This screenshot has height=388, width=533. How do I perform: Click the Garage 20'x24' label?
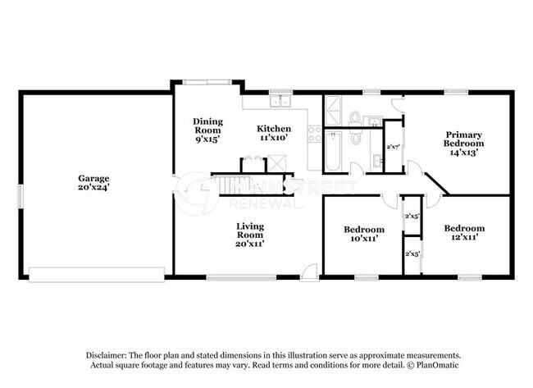[x=93, y=182]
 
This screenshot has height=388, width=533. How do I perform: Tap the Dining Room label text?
[x=207, y=130]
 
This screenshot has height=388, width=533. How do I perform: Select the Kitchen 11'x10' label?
[x=273, y=133]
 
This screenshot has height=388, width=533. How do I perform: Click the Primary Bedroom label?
[x=462, y=143]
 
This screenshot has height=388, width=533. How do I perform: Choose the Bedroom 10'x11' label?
[x=363, y=233]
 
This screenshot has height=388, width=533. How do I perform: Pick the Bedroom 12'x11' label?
[x=463, y=232]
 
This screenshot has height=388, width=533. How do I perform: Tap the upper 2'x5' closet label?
[x=412, y=217]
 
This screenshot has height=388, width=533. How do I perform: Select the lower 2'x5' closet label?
[x=412, y=254]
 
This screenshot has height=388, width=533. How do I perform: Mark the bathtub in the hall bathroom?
[x=333, y=153]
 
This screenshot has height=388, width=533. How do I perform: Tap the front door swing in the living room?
[x=308, y=272]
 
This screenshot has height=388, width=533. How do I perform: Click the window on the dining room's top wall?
[x=207, y=81]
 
